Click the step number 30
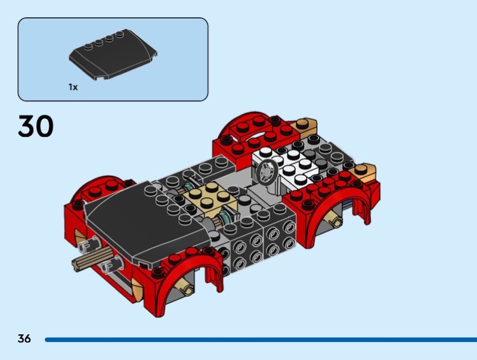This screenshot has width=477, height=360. point(36,126)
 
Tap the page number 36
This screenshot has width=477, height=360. point(24,339)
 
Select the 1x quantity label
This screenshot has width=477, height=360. point(73,87)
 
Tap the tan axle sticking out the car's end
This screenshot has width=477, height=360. point(91,256)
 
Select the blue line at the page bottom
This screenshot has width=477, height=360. point(261,340)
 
